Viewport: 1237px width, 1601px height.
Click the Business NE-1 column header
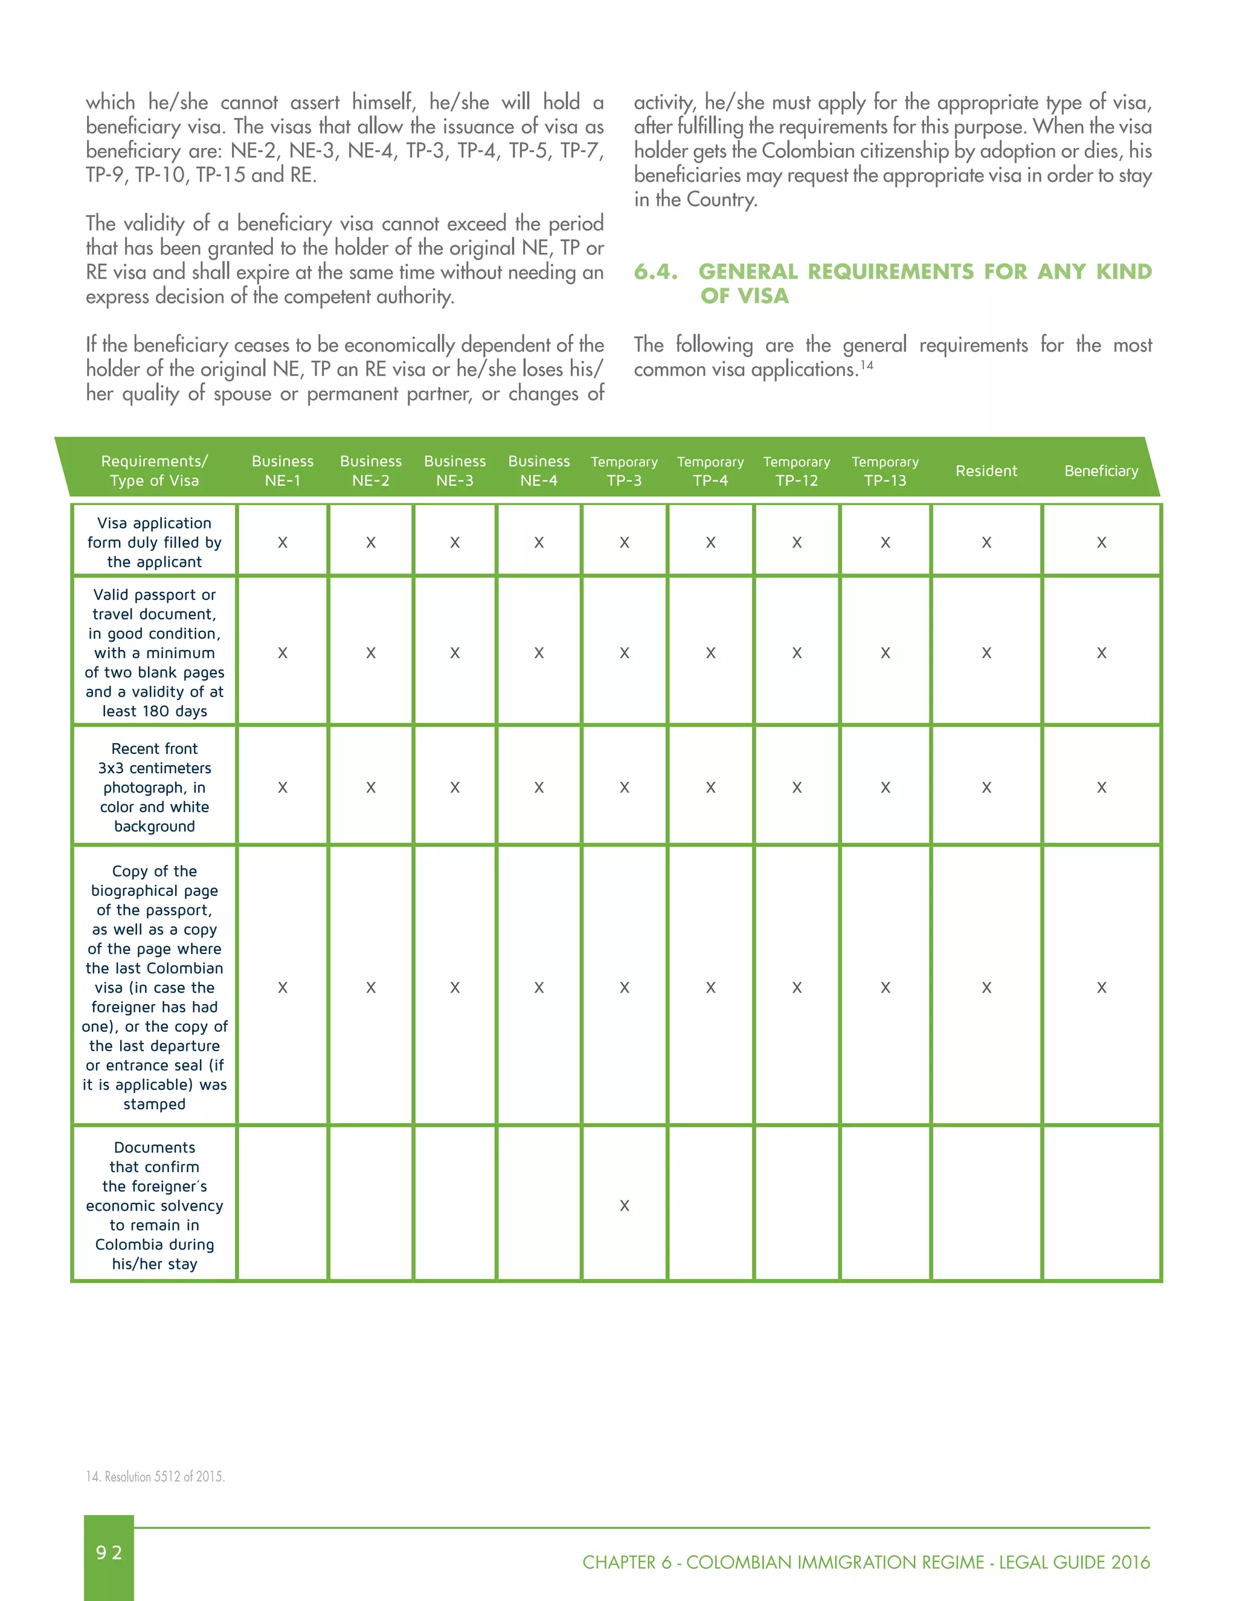[x=282, y=470]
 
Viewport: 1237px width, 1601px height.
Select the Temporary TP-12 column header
[x=797, y=470]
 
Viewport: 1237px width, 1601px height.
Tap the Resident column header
[x=986, y=471]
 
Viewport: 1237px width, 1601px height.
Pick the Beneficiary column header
[x=1100, y=471]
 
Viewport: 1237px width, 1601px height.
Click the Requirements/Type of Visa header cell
[x=154, y=470]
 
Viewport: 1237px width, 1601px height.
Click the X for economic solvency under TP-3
[x=625, y=1205]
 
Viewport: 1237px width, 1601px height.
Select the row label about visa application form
[x=154, y=542]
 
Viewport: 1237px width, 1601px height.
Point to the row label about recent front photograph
[x=154, y=787]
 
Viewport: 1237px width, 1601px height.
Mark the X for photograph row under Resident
[x=986, y=787]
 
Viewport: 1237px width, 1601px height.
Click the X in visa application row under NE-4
[x=539, y=543]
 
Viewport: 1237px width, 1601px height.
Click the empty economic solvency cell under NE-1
[x=282, y=1205]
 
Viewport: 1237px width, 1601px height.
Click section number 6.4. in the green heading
[x=655, y=271]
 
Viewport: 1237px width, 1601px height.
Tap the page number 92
[x=109, y=1552]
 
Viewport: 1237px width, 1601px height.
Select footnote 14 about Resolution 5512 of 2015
[x=155, y=1477]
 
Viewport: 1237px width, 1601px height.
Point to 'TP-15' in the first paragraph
[x=220, y=175]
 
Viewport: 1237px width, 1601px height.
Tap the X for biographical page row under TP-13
[x=885, y=987]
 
